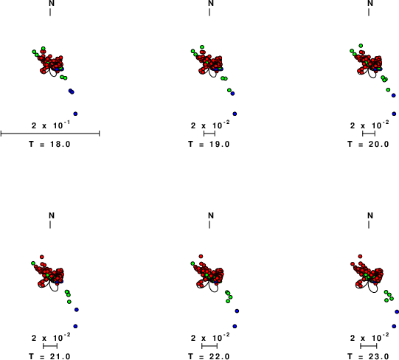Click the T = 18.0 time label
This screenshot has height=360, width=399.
click(49, 144)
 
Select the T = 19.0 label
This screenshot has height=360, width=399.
click(209, 144)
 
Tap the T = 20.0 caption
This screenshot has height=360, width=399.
click(368, 144)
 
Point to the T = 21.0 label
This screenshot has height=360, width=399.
click(49, 356)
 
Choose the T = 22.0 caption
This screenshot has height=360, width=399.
click(209, 356)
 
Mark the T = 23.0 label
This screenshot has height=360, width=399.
click(368, 356)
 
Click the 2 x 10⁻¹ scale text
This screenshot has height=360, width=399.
click(51, 125)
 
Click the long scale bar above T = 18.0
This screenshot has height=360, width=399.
click(50, 133)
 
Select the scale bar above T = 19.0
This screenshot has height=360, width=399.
click(209, 133)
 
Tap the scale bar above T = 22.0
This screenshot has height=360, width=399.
click(209, 346)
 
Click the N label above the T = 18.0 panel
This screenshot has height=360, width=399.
click(52, 3)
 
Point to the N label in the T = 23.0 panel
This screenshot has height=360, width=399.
click(370, 215)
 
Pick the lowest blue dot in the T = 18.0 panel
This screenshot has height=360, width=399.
click(75, 114)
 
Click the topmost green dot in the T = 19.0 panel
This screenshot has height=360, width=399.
click(202, 47)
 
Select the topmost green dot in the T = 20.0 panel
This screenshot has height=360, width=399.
click(361, 46)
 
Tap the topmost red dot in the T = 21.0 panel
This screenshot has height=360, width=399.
click(42, 257)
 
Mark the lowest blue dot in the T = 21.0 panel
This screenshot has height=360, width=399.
click(75, 326)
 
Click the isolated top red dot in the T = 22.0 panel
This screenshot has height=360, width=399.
click(201, 256)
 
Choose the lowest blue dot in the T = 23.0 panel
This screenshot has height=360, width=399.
click(394, 326)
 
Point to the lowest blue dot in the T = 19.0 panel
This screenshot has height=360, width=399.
click(235, 114)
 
